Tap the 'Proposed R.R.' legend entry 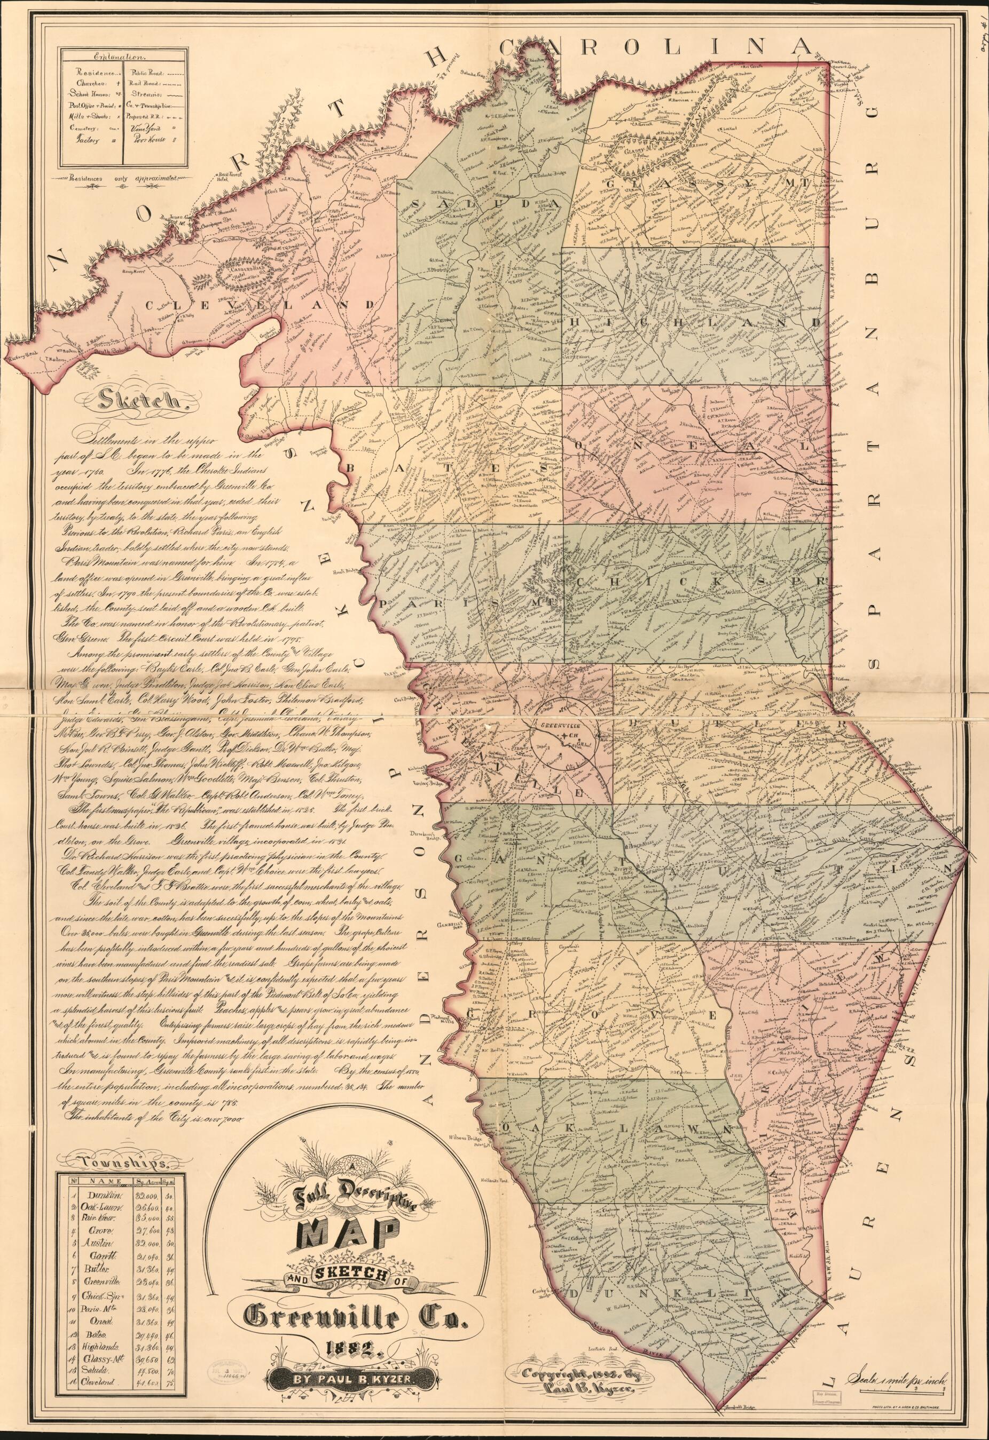(146, 115)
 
